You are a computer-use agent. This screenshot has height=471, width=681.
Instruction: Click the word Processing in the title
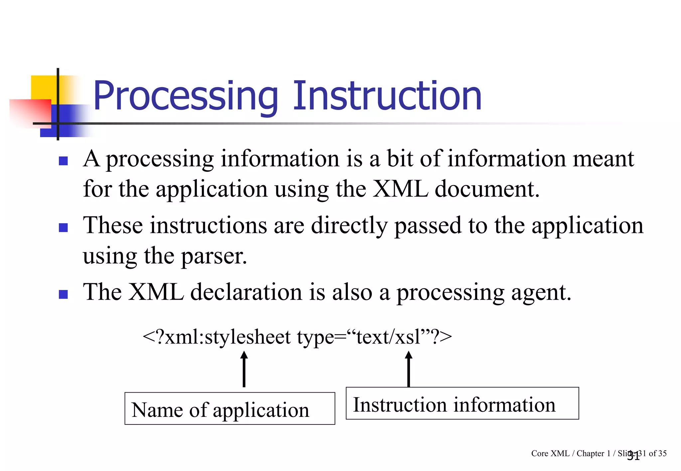tap(186, 96)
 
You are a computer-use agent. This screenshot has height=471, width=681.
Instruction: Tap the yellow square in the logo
tap(43, 87)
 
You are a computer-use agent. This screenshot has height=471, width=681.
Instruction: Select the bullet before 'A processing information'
tap(63, 161)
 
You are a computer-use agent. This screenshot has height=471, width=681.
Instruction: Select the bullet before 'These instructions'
tap(63, 228)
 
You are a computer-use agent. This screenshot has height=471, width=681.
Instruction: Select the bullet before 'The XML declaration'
tap(63, 294)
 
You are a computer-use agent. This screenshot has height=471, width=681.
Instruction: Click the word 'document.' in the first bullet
tap(487, 189)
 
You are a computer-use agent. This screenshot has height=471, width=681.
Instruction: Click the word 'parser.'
tap(214, 256)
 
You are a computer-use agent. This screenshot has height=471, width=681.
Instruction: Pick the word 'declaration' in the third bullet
tap(246, 292)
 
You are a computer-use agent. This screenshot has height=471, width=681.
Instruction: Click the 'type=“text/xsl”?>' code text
tap(374, 337)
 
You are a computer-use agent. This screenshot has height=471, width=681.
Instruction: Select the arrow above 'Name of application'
tap(244, 369)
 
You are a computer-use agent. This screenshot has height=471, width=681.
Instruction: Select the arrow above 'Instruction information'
tap(409, 369)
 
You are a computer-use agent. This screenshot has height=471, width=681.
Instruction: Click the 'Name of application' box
tap(229, 409)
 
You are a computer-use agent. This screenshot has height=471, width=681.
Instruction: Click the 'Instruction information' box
tap(462, 403)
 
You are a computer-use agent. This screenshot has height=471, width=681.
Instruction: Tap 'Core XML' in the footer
tap(550, 453)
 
